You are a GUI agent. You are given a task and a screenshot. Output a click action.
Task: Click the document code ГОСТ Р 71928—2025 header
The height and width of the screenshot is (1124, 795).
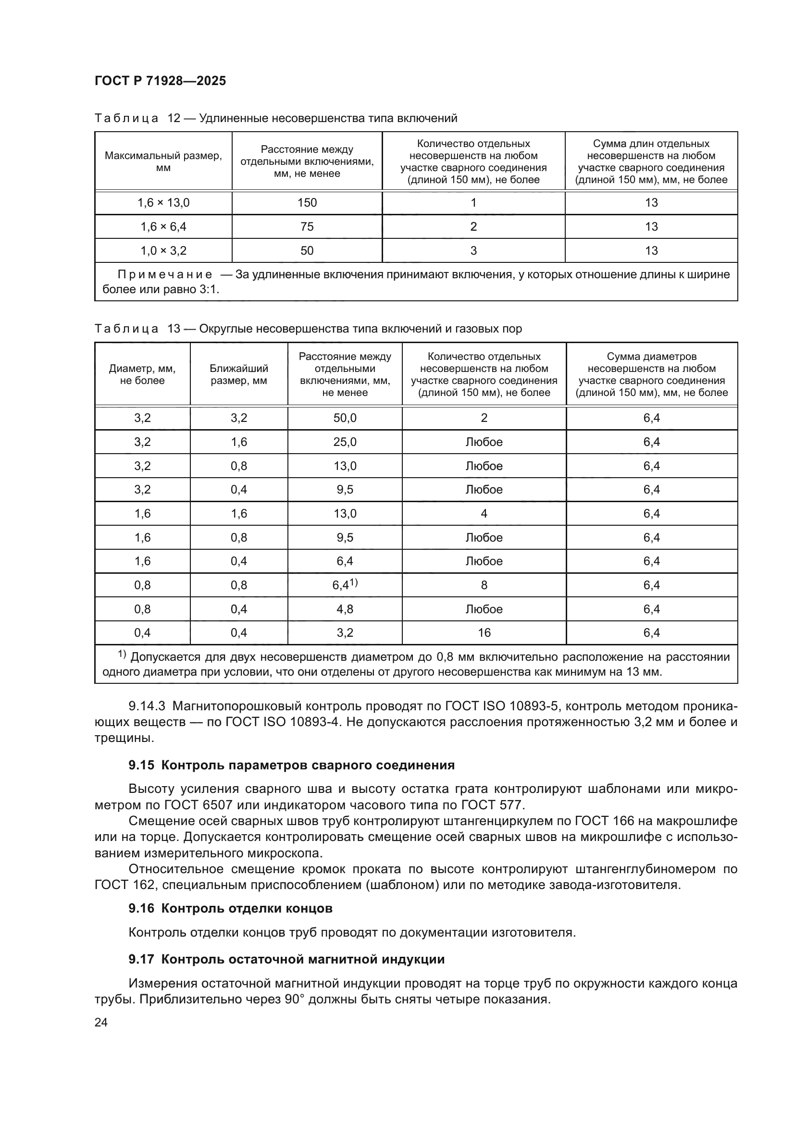coord(160,81)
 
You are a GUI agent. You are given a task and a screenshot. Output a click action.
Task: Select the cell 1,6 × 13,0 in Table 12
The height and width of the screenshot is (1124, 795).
coord(163,203)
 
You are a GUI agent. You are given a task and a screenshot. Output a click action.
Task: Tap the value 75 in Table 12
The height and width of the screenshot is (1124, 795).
coord(307,227)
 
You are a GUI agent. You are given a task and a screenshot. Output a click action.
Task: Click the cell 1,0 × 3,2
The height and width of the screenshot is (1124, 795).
coord(163,251)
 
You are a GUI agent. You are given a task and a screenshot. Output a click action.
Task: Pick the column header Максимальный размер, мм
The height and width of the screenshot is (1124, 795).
coord(163,161)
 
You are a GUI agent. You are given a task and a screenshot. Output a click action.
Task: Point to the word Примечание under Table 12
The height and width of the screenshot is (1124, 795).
coord(165,275)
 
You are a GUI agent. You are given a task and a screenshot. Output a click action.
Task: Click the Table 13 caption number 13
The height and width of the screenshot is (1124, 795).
coord(174,329)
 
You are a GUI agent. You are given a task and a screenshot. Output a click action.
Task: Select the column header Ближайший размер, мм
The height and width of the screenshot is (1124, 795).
coord(239,374)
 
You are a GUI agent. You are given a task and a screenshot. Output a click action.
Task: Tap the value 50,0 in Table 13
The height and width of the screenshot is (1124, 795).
coord(345,418)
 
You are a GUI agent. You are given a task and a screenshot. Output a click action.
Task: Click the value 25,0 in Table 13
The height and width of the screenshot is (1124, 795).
coord(345,442)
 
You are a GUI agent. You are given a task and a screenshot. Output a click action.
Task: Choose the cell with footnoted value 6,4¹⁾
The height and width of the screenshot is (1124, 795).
coord(345,585)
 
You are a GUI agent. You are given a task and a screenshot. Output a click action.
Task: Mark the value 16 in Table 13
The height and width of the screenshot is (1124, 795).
coord(484,633)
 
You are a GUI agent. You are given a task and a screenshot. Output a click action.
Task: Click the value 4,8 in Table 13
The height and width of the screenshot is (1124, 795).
coord(345,609)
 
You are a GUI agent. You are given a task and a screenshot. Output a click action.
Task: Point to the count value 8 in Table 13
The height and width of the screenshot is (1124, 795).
coord(484,585)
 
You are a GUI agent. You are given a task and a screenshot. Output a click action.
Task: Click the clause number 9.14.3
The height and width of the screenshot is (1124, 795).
coord(147,706)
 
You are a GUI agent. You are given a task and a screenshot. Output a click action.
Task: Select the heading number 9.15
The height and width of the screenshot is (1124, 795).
coord(141,765)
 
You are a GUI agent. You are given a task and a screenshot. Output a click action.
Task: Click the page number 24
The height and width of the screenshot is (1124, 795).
coord(101,1022)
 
